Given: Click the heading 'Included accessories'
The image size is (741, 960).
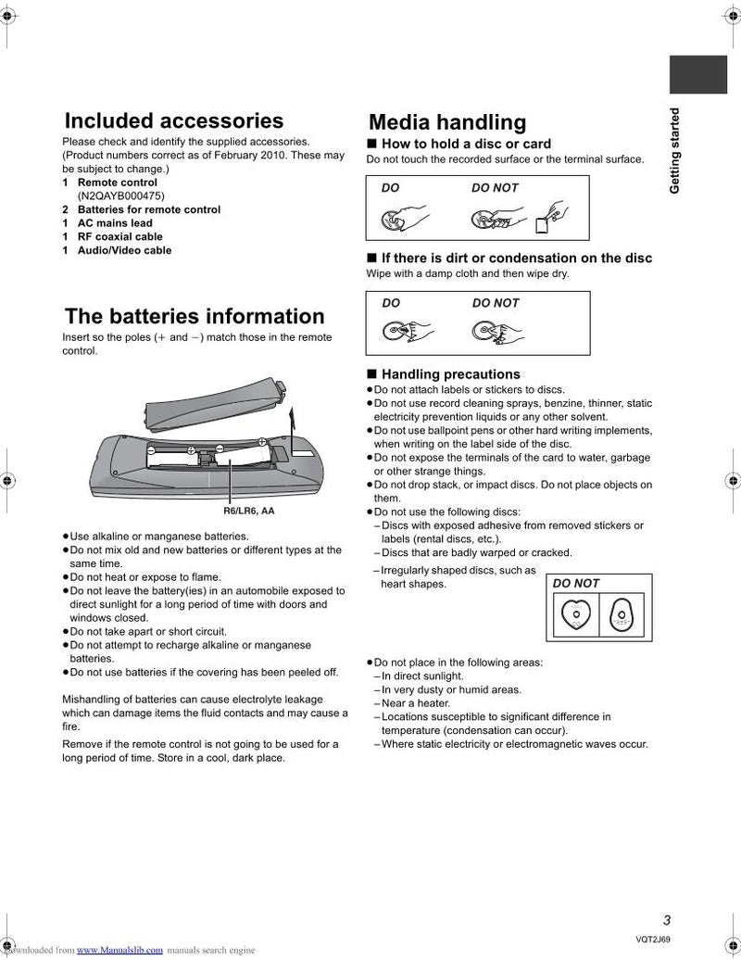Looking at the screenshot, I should point(173,121).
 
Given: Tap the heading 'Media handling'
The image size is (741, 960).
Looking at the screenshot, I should point(446,122).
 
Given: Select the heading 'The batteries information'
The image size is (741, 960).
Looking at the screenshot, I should point(194,317).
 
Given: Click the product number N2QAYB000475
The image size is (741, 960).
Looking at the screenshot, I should point(120,196).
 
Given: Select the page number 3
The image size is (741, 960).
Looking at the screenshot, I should point(666,920).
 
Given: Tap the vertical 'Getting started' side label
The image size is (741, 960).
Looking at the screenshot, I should point(674,151).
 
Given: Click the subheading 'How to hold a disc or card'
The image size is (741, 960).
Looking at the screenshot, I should point(466,145).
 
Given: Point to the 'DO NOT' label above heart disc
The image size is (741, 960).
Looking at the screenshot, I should point(576,584).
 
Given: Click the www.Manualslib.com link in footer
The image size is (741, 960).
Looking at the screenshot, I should point(119,951).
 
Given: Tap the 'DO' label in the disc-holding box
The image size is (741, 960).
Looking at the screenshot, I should point(391,188).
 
